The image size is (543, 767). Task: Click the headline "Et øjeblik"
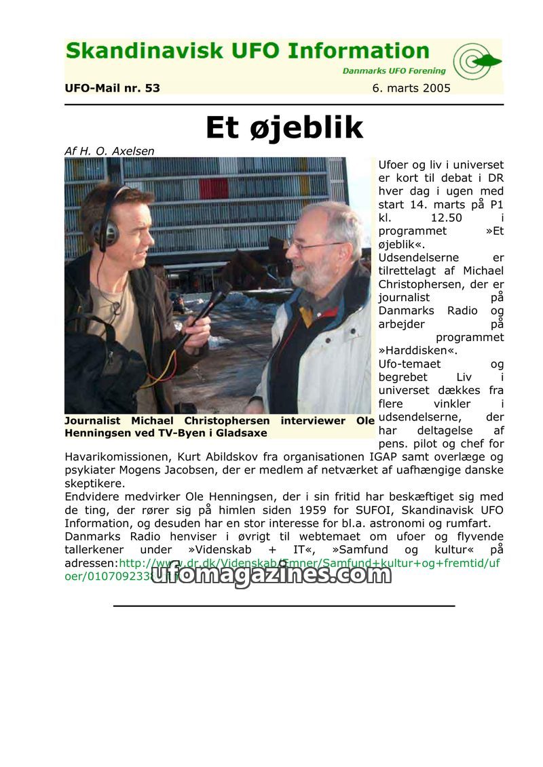pyautogui.click(x=284, y=128)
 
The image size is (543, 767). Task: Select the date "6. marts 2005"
pyautogui.click(x=411, y=88)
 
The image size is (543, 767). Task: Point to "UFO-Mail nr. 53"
pyautogui.click(x=112, y=88)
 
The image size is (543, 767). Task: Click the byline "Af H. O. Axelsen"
pyautogui.click(x=109, y=151)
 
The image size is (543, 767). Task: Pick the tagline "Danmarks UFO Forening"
pyautogui.click(x=394, y=71)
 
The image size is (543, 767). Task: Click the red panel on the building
pyautogui.click(x=213, y=188)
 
